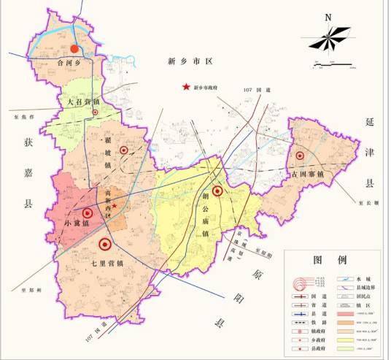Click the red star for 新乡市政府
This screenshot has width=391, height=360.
tap(185, 88)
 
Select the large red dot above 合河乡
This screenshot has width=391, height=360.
tap(74, 49)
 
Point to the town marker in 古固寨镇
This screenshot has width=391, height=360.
tap(299, 156)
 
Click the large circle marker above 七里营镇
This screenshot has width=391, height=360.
tap(105, 245)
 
